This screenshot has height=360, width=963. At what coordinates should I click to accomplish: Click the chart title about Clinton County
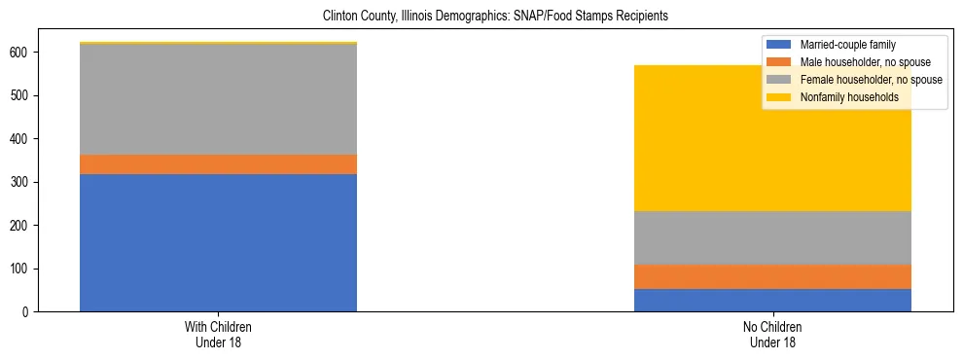click(x=482, y=17)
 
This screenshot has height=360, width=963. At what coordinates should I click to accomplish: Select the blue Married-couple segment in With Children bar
click(x=218, y=242)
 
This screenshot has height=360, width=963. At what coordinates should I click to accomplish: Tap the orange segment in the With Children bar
click(x=218, y=164)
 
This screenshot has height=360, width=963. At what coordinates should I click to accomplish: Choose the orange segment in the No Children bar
click(x=772, y=276)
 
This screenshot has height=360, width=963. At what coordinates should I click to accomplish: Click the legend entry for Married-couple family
click(x=847, y=45)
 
